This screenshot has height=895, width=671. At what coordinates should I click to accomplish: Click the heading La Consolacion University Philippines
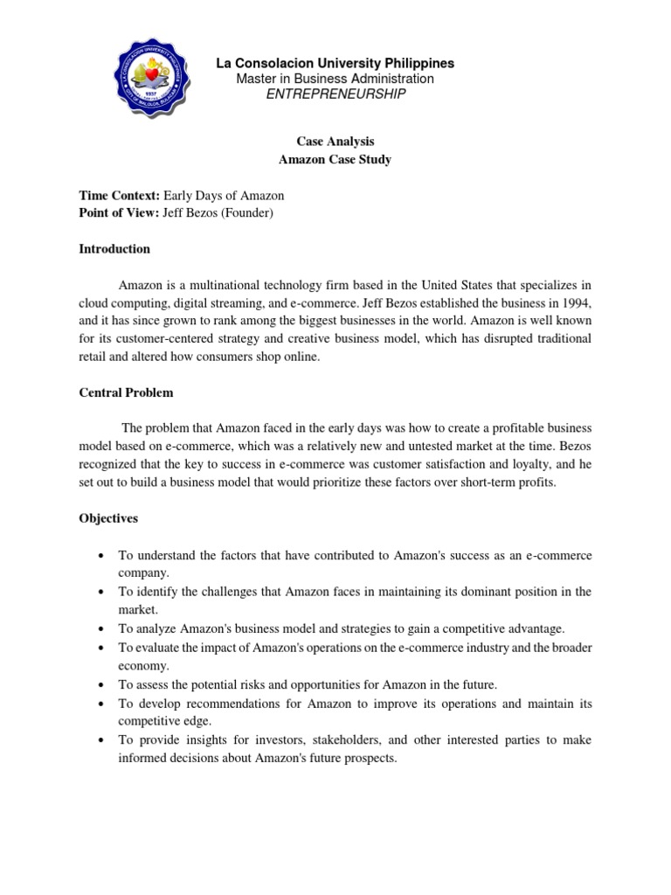[x=335, y=64]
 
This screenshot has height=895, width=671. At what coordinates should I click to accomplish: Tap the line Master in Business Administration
[x=335, y=79]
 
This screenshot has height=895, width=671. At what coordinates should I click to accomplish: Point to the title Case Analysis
[x=335, y=141]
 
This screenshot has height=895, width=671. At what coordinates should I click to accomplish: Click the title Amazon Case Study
[x=335, y=159]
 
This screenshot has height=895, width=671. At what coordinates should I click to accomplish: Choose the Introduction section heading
[x=114, y=249]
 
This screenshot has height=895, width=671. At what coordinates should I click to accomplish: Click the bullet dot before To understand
[x=104, y=556]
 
